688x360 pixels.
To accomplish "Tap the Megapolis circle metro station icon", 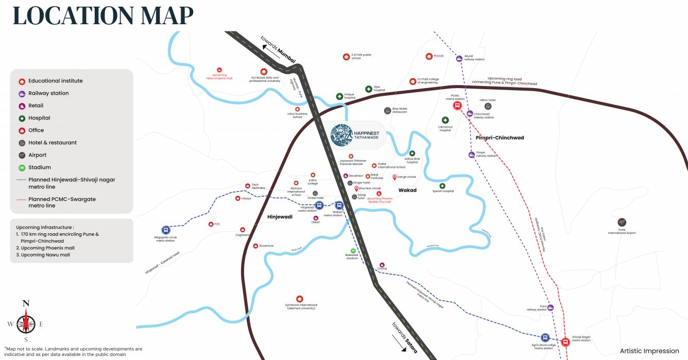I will (166, 230).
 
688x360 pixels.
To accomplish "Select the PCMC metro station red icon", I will (457, 106).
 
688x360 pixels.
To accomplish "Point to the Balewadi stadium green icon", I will (353, 251).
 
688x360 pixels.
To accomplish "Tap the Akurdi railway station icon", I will (459, 58).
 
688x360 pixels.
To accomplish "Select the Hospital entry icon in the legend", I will (22, 118).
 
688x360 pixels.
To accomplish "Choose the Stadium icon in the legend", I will (22, 167).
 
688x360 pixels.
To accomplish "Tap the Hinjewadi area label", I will (280, 217).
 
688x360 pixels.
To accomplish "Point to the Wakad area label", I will (407, 190).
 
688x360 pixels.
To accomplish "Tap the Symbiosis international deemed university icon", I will (299, 299).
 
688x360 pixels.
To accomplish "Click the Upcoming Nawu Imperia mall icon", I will (219, 70).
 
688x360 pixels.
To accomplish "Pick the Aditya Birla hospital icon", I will (412, 153).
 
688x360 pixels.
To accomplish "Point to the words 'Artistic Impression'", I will (649, 351).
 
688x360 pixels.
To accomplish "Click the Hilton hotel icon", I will (488, 106).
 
